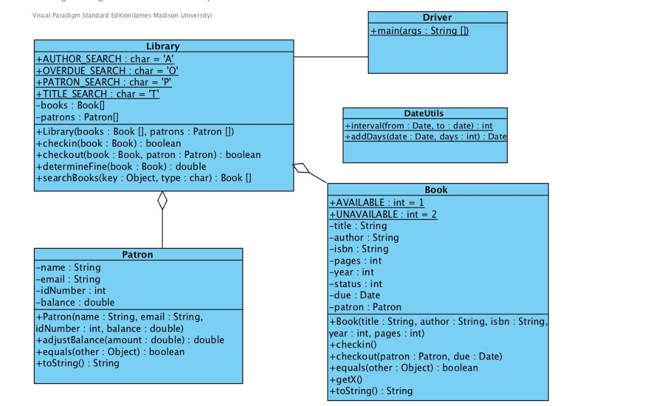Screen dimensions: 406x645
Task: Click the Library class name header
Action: tap(163, 46)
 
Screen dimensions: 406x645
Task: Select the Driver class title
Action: tap(437, 18)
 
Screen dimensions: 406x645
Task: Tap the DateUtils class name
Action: tap(424, 113)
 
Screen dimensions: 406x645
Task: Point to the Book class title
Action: tap(437, 189)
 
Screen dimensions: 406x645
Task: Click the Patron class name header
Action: tap(137, 254)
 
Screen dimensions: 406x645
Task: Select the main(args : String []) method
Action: tap(420, 30)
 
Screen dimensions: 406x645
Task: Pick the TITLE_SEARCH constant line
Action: tap(98, 94)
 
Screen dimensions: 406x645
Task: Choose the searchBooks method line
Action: tap(144, 178)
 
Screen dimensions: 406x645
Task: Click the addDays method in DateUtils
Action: tap(426, 137)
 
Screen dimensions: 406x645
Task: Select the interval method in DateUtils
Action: tap(419, 126)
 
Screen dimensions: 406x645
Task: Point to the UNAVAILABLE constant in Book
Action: tap(383, 214)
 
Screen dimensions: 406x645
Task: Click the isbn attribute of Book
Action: tap(358, 249)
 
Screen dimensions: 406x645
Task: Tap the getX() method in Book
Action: tap(345, 380)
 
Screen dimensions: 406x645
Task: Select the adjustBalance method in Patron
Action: tap(130, 340)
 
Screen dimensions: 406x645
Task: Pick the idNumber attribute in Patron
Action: tap(71, 291)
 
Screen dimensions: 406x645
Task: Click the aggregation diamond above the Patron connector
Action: tap(163, 200)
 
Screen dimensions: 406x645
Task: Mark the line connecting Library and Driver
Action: tap(331, 57)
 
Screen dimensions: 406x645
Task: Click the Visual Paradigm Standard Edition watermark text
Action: tap(122, 15)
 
